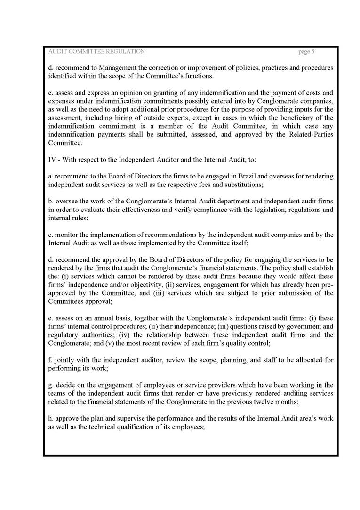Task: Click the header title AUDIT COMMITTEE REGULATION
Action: pos(96,51)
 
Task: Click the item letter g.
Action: pos(50,385)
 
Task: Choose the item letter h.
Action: pos(50,418)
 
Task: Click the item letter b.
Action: pos(50,201)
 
